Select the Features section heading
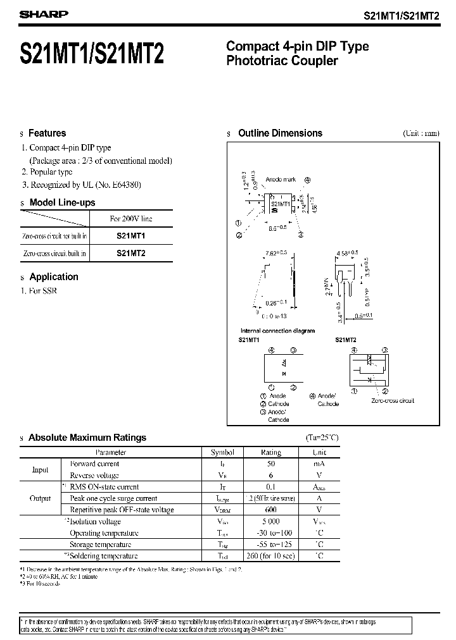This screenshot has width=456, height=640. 47,133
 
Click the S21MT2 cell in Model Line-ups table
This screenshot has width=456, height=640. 131,252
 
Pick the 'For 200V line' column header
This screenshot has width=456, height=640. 131,219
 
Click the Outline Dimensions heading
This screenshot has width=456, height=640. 280,133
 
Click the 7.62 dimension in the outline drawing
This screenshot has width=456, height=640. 275,252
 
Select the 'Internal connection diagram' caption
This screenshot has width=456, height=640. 277,331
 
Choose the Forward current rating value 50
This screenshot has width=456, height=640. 270,464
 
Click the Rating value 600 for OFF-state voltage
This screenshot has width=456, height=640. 270,510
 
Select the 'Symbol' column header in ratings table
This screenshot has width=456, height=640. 222,452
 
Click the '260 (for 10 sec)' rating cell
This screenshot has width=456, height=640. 270,556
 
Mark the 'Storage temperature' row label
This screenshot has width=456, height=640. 101,545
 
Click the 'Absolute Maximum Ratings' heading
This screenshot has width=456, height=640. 87,437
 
